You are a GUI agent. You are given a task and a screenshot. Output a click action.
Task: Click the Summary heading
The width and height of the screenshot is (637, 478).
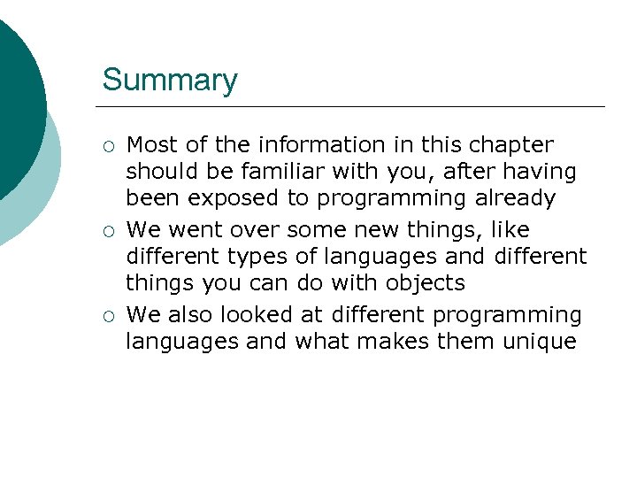(170, 81)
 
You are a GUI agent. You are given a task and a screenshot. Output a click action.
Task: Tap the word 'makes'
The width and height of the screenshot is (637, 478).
(395, 342)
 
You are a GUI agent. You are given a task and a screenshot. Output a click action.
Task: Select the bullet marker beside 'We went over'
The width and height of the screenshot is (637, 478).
(107, 232)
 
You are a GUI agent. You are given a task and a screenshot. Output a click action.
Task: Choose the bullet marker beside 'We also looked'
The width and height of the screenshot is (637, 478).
(107, 317)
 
